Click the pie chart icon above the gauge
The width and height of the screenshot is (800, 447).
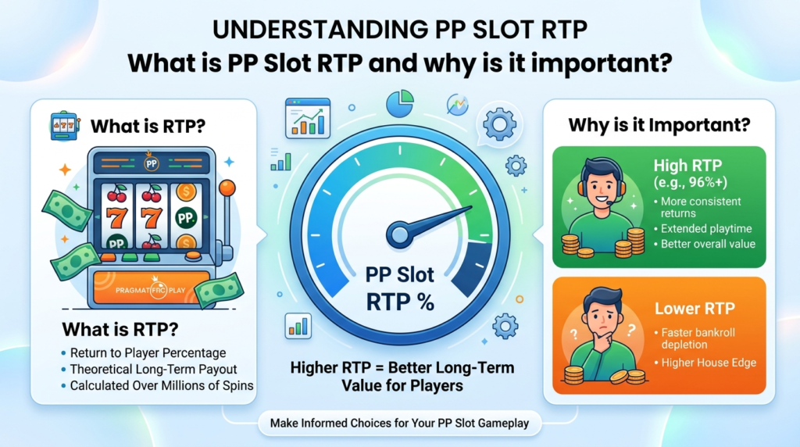click(x=399, y=104)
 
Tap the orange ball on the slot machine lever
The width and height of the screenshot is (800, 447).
click(x=227, y=188)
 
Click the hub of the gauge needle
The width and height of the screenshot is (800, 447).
click(x=398, y=234)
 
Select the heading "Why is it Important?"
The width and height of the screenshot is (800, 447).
click(x=659, y=125)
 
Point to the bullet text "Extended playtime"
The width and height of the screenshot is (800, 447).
click(x=706, y=229)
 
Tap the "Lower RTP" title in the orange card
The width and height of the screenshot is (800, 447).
click(x=695, y=309)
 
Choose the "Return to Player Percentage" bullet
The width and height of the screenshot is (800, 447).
click(x=148, y=353)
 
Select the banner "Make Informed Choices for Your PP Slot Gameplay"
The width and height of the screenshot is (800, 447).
click(x=399, y=423)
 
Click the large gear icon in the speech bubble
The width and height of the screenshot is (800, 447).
click(x=499, y=124)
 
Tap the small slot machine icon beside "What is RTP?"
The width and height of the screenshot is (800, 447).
click(x=65, y=126)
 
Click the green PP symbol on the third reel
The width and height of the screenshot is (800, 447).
click(x=185, y=218)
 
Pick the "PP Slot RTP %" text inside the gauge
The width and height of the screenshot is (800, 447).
click(x=400, y=289)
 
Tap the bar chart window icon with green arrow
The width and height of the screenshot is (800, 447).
click(x=308, y=118)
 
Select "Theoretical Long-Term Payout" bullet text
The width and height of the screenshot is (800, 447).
click(x=153, y=370)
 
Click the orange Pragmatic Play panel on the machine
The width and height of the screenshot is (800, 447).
click(x=152, y=289)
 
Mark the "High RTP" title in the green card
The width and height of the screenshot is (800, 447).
click(x=687, y=166)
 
